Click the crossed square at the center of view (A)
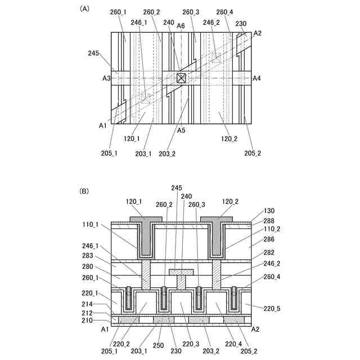click(181, 78)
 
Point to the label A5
click(181, 130)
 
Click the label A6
click(181, 25)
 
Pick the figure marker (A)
click(85, 8)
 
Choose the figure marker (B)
click(85, 191)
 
